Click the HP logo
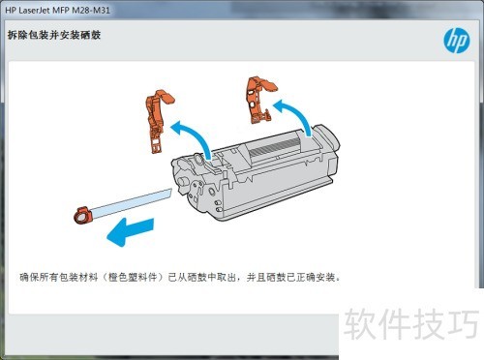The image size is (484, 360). point(457,41)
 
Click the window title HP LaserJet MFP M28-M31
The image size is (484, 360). point(57,10)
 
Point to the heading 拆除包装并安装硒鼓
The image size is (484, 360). point(54,35)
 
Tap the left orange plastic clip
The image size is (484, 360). point(158,120)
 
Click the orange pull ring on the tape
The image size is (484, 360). point(83,215)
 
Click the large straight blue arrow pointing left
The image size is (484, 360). point(131,231)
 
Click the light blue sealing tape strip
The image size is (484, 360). point(131,202)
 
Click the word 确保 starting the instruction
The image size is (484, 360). point(29,277)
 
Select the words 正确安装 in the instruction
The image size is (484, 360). point(316,277)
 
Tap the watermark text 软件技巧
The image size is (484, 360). point(411,323)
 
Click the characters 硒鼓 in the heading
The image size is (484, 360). point(91,35)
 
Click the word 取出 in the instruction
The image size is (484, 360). point(227,277)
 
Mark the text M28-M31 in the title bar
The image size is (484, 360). point(91,10)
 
